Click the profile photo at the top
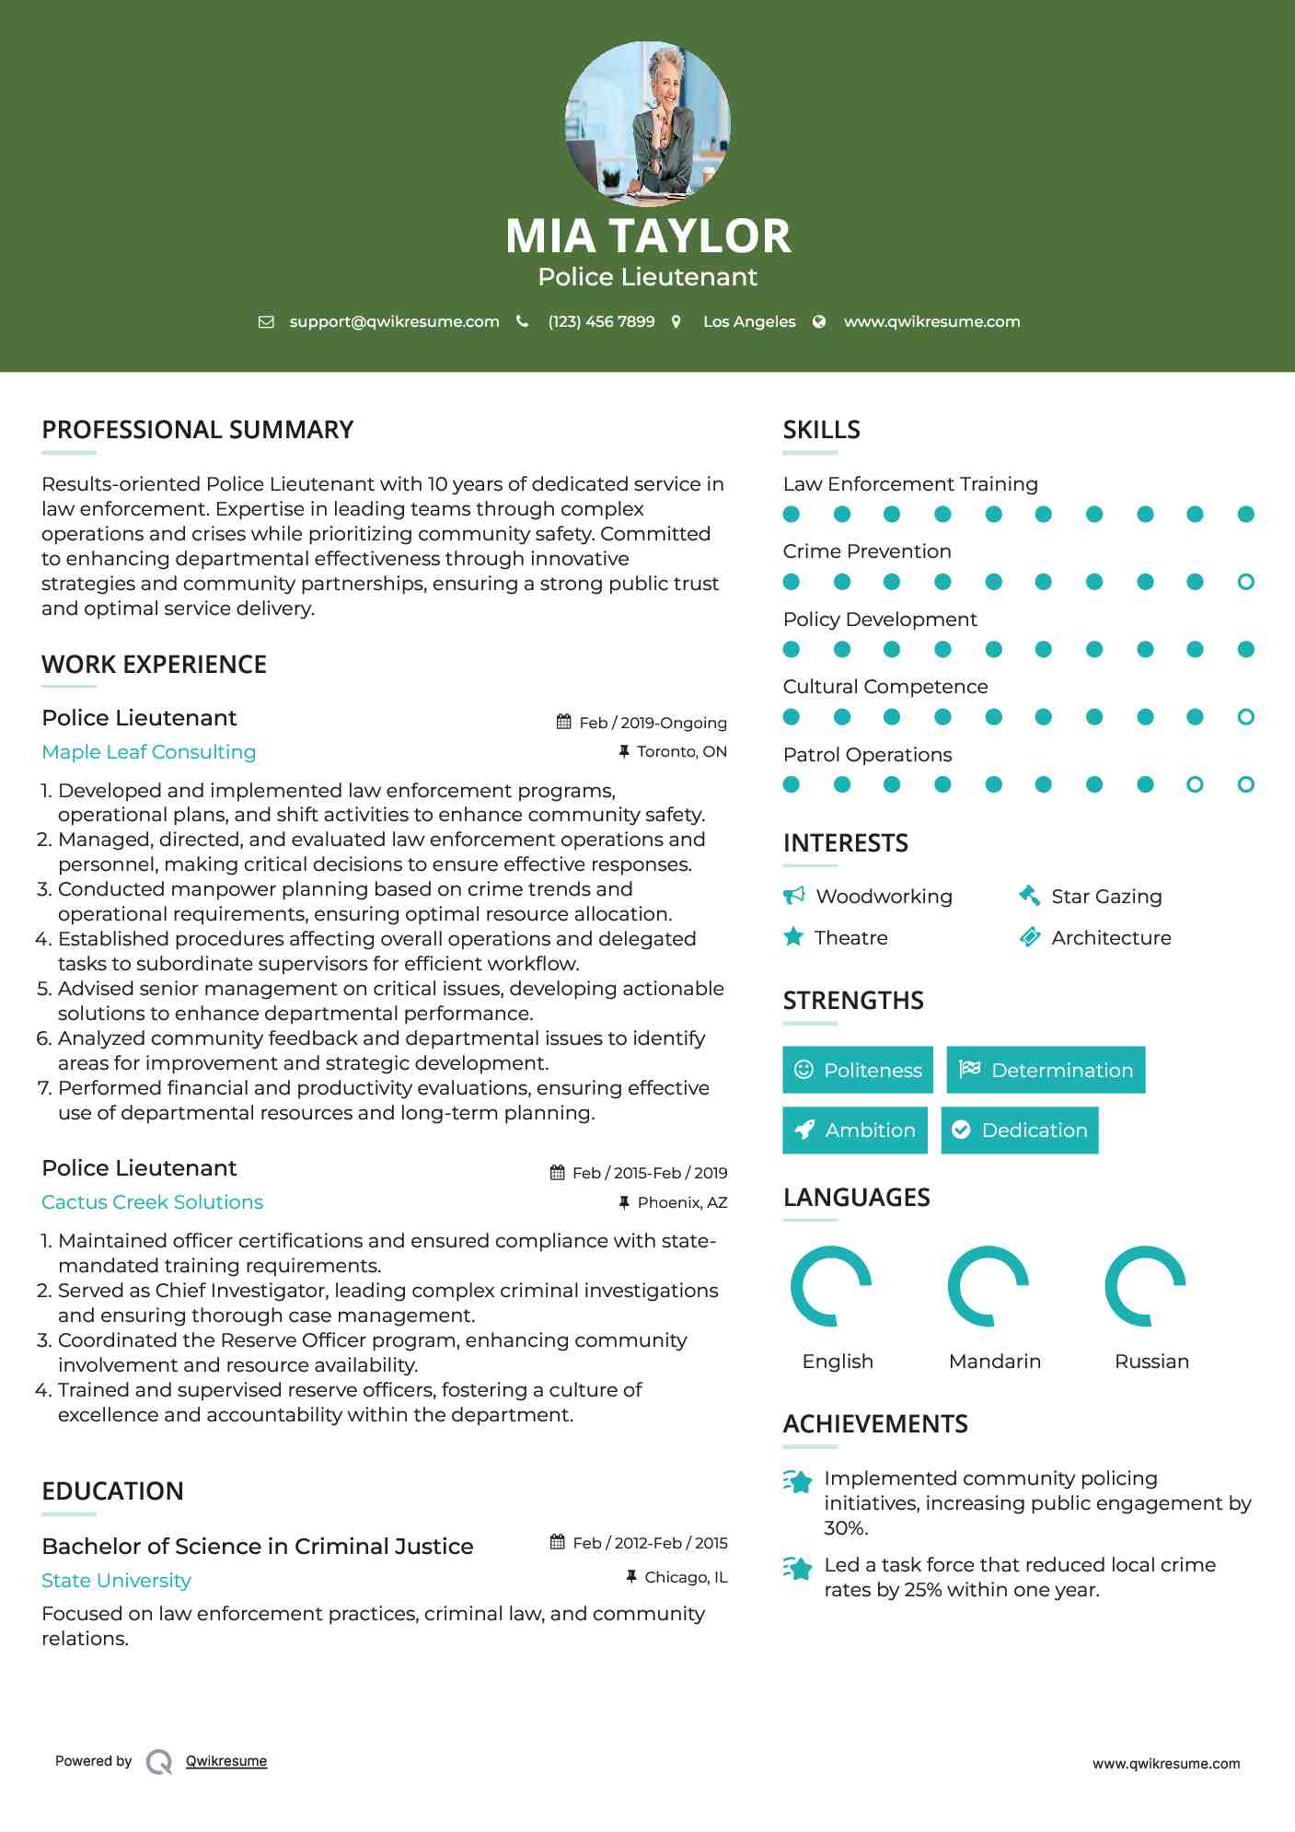tap(647, 123)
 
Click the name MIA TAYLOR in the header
tap(647, 236)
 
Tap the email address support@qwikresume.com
tap(394, 321)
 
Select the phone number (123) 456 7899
tap(601, 321)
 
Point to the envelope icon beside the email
tap(266, 322)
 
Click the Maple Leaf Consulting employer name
tap(149, 752)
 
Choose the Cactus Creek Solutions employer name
tap(152, 1202)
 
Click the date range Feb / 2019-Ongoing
tap(653, 723)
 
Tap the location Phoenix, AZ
tap(682, 1202)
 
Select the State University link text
tap(116, 1581)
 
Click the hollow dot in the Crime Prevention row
tap(1245, 582)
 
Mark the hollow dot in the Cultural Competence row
tap(1245, 717)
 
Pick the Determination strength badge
tap(1046, 1070)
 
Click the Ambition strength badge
tap(855, 1131)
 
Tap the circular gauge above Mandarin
tap(989, 1286)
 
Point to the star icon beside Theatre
tap(793, 937)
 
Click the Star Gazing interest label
tap(1106, 897)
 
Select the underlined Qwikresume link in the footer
tap(226, 1761)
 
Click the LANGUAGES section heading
tap(856, 1198)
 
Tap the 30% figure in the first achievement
tap(845, 1528)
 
